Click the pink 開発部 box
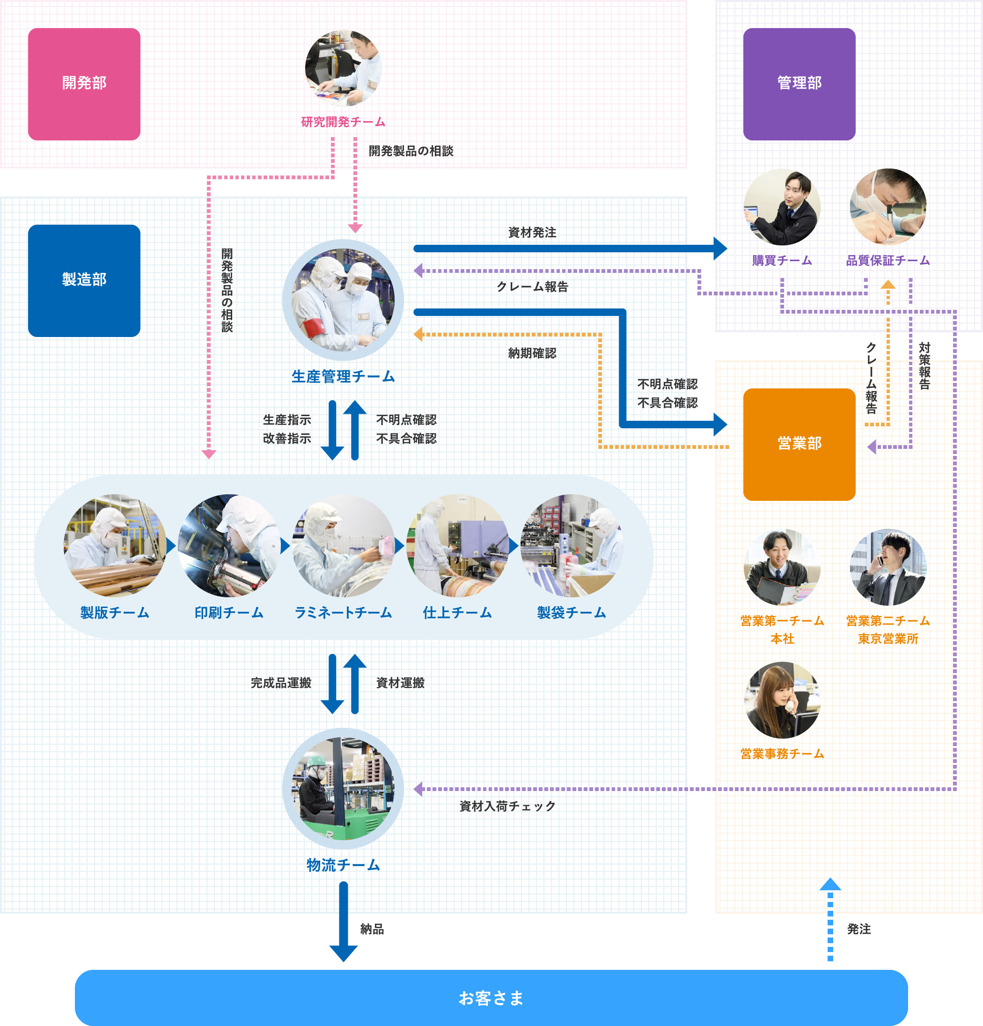click(84, 84)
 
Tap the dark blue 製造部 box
click(84, 280)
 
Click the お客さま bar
click(491, 998)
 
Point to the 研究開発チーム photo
click(344, 68)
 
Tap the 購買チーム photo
click(782, 207)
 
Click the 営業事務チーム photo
click(782, 700)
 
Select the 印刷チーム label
click(229, 612)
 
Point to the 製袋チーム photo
click(572, 545)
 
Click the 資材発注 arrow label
click(532, 233)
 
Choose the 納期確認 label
click(532, 353)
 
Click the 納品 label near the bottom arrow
click(372, 929)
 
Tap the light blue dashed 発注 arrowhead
click(830, 885)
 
